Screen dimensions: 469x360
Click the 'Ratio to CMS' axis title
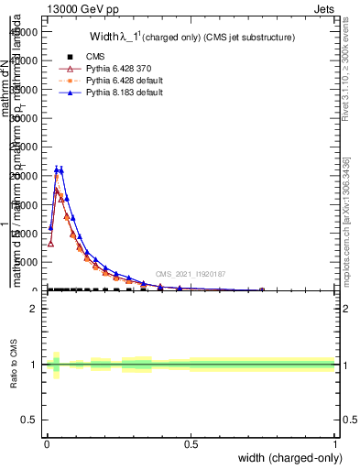pyautogui.click(x=13, y=365)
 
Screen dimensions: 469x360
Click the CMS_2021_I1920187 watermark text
pyautogui.click(x=190, y=274)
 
